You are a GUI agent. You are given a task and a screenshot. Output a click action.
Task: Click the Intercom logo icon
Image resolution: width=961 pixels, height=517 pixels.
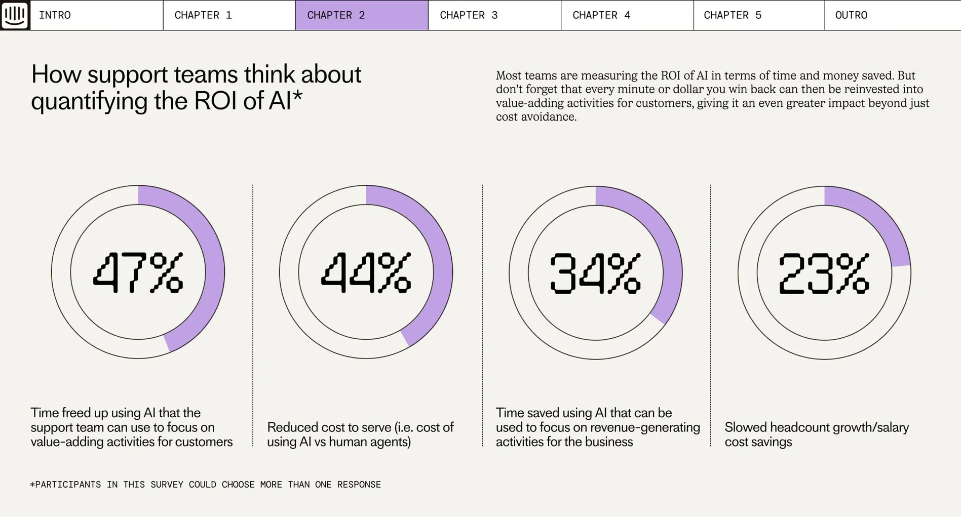point(15,15)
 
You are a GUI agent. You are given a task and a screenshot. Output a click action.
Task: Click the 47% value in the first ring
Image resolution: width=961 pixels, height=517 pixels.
point(138,273)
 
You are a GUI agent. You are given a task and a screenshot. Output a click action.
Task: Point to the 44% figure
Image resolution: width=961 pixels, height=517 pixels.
point(366,273)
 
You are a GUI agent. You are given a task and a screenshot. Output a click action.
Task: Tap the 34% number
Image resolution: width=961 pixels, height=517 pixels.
point(596,273)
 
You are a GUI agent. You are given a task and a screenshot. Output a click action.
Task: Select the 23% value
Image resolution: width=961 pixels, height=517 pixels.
point(824,273)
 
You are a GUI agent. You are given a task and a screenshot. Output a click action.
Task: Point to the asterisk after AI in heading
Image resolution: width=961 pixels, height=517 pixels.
point(298,95)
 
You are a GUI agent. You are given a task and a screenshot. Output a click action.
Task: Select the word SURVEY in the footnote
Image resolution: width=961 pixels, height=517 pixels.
point(167,485)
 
